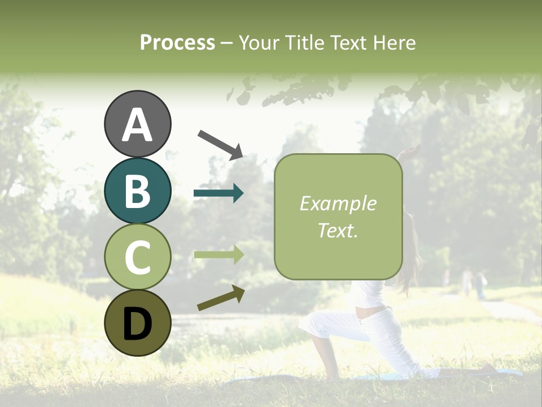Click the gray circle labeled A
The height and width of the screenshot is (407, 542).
tap(137, 124)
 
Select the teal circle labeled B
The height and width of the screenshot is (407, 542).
tap(137, 190)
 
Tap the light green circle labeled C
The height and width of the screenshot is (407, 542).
tap(137, 257)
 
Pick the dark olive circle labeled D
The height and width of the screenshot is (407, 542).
tap(137, 323)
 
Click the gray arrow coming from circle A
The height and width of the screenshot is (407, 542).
tap(220, 144)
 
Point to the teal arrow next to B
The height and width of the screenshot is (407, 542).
tap(218, 193)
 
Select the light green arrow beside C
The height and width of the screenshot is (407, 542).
tap(218, 255)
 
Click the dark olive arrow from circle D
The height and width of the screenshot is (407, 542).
tap(221, 298)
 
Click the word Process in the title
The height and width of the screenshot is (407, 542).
tap(177, 42)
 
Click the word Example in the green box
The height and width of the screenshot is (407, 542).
tap(338, 203)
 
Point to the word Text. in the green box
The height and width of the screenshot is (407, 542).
tap(338, 230)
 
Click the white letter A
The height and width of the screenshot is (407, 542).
tap(137, 125)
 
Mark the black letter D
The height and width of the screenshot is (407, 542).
tap(137, 324)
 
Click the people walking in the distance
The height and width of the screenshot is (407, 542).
tap(473, 283)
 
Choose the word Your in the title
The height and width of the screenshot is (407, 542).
tap(256, 42)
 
